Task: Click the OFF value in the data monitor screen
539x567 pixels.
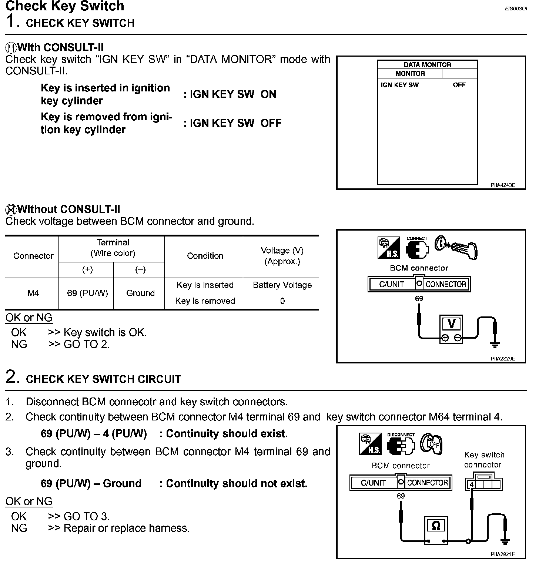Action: (459, 85)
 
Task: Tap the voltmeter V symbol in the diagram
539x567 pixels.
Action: (451, 324)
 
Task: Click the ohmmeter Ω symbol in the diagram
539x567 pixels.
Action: (436, 526)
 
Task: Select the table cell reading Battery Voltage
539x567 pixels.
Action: (282, 285)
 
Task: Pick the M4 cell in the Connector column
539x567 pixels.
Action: (33, 293)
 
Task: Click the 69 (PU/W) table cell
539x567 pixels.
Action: (87, 293)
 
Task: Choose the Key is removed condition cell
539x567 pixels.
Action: (205, 301)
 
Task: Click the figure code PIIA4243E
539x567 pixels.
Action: (503, 185)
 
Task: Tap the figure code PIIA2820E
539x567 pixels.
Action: (503, 358)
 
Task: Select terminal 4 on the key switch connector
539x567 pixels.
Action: (471, 484)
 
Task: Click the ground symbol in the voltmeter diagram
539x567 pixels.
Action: (495, 344)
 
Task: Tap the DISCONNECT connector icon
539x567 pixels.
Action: (401, 444)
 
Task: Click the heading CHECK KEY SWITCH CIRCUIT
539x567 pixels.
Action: (103, 379)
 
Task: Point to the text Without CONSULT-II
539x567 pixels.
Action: (68, 209)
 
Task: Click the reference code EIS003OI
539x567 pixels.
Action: (515, 8)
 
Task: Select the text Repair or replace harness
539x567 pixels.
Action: (127, 528)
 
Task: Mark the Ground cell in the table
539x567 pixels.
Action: (140, 293)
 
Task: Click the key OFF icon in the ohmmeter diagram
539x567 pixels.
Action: (432, 443)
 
